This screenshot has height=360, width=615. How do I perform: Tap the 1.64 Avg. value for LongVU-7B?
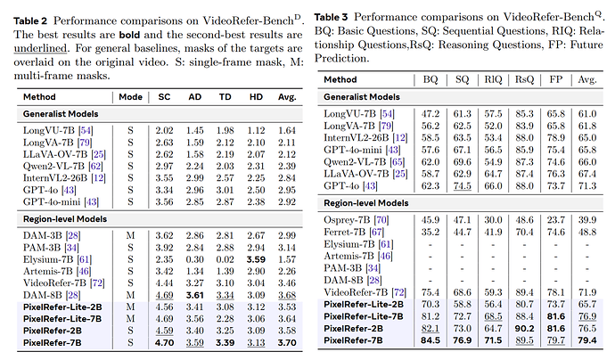pyautogui.click(x=286, y=130)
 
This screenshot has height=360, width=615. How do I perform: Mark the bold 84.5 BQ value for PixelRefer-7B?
pyautogui.click(x=430, y=340)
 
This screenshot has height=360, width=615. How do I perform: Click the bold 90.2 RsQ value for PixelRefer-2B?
pyautogui.click(x=525, y=327)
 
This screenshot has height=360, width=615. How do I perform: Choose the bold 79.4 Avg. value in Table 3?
pyautogui.click(x=586, y=340)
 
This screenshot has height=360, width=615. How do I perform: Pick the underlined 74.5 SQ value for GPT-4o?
pyautogui.click(x=462, y=185)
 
